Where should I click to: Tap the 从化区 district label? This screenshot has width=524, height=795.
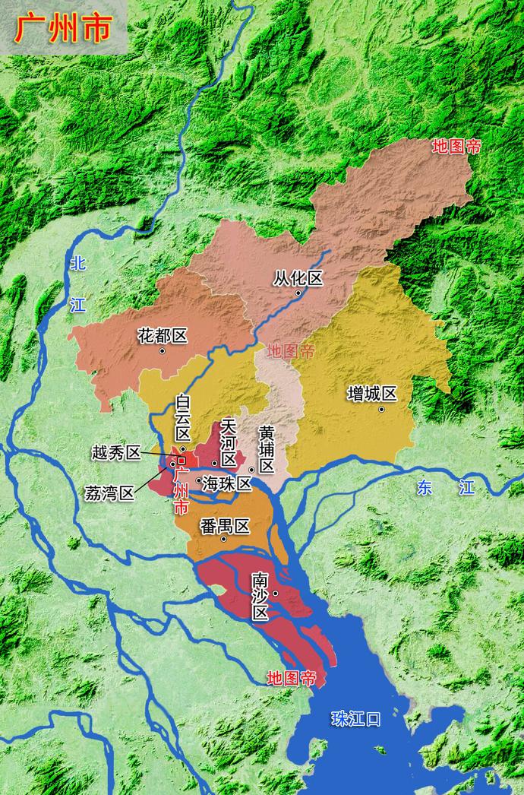tap(298, 279)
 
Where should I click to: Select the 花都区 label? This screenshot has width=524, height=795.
tap(162, 335)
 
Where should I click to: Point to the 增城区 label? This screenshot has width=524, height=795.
tap(372, 394)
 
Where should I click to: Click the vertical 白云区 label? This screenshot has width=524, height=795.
tap(183, 417)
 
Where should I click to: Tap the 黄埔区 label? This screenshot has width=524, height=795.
tap(267, 449)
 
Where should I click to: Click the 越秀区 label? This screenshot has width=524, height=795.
tap(115, 453)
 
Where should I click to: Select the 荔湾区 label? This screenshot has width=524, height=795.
tap(109, 493)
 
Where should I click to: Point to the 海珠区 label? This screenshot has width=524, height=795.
tap(226, 483)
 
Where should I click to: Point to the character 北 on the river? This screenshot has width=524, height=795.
tap(77, 264)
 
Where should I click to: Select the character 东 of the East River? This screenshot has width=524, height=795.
tap(425, 488)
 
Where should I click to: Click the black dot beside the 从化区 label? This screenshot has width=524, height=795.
tap(298, 293)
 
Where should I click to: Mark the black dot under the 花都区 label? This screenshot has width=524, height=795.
tap(162, 351)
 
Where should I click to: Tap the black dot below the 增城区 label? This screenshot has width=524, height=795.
tap(381, 410)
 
